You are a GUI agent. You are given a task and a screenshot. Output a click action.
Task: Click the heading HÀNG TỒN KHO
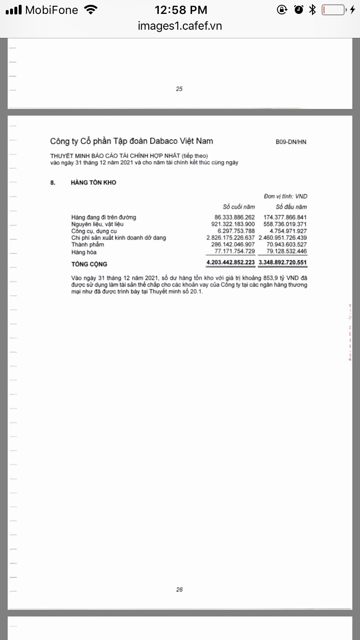[94, 183]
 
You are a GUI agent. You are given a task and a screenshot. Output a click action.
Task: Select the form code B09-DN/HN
[291, 142]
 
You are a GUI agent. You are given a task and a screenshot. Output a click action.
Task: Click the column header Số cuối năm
[239, 207]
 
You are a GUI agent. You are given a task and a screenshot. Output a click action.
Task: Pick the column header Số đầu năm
[291, 207]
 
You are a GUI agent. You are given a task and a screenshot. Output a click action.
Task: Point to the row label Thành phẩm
[87, 245]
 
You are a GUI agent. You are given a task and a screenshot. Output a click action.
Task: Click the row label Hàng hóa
[84, 252]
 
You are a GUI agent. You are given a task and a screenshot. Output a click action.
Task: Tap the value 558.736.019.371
[285, 224]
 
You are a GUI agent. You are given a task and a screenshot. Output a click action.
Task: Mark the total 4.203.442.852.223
[230, 263]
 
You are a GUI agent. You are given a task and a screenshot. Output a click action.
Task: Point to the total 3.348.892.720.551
[283, 263]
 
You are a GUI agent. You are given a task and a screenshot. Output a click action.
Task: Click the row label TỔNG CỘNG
[89, 264]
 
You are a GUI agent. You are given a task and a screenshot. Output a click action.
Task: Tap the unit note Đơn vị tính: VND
[286, 196]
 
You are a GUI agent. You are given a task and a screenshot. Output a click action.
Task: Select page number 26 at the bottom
[180, 590]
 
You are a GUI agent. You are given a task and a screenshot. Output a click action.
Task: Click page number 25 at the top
[180, 89]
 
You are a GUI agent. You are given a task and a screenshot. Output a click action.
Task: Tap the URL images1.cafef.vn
[180, 26]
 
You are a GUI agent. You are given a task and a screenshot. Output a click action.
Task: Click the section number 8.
[52, 183]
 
